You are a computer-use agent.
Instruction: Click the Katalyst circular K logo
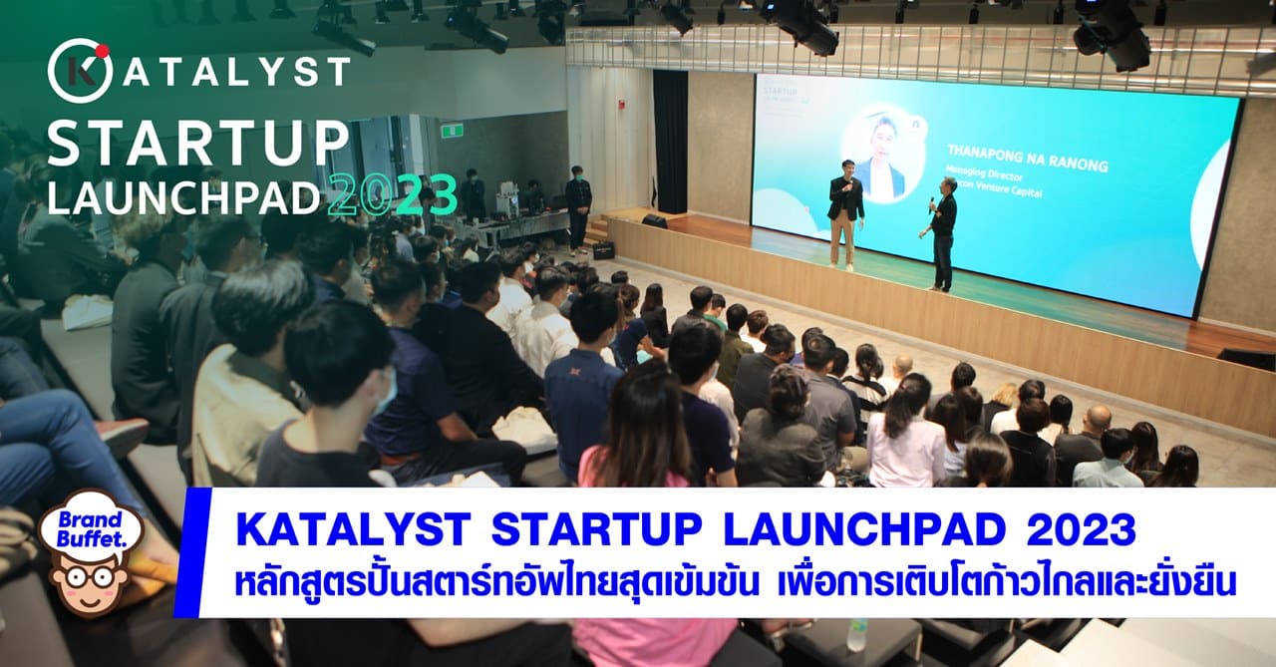point(79,71)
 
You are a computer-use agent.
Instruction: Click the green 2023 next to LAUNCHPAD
point(393,194)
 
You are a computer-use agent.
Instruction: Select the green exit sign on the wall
point(452,130)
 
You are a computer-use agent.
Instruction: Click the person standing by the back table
point(578,204)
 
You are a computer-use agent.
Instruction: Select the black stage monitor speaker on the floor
point(654,220)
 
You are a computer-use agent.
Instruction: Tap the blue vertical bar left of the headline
point(187,552)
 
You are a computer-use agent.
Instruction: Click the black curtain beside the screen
point(670,141)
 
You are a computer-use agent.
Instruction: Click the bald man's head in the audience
point(1098,417)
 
